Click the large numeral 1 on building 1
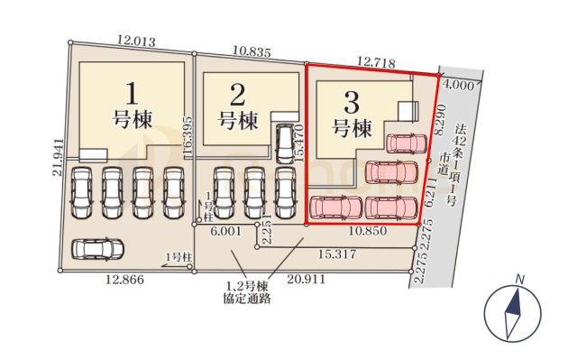(x=132, y=92)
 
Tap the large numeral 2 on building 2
(x=238, y=94)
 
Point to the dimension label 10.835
(x=252, y=53)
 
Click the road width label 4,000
(x=457, y=87)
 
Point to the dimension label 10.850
(x=369, y=232)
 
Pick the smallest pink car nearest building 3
(x=406, y=143)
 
